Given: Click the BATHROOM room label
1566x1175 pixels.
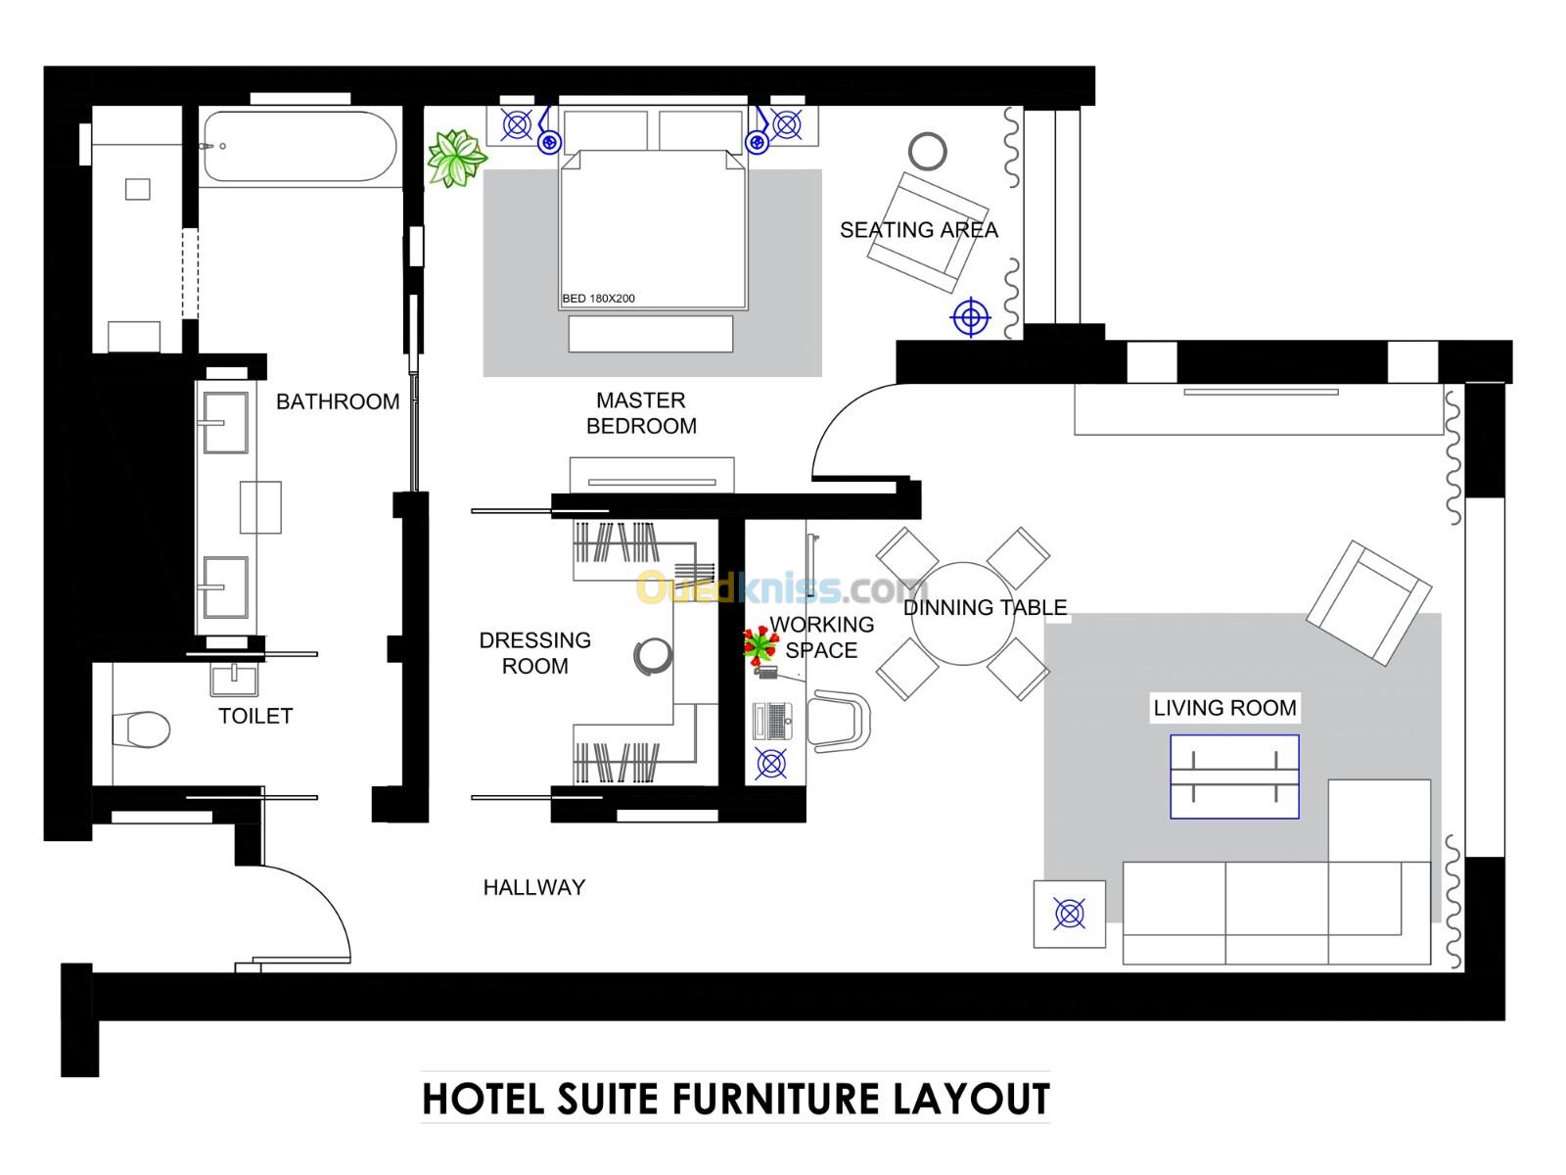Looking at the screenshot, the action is (337, 401).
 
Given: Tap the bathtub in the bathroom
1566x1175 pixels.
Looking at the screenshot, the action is (299, 146).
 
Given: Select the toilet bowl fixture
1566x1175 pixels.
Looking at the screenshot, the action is (143, 728).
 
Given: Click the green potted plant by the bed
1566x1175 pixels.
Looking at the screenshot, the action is (457, 158).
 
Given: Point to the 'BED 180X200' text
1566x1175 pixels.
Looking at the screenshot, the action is (598, 299).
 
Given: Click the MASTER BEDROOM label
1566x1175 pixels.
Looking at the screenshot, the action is (641, 413).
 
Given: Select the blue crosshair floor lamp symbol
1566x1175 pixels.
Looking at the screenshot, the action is (970, 316).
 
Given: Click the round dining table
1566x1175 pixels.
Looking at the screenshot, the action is (962, 614).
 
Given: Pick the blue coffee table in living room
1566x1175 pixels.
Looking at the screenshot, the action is (1233, 776).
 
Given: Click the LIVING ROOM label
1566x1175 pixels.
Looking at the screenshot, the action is (1224, 708).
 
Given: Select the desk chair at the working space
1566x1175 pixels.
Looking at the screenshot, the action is (839, 721).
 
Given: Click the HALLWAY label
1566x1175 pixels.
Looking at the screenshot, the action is (533, 887).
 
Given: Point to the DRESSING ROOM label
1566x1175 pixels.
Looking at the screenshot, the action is (534, 652).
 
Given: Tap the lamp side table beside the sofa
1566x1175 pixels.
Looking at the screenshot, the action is (1069, 914).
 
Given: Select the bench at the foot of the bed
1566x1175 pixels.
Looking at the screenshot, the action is (650, 333).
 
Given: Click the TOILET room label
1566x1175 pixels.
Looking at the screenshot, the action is (254, 716).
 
